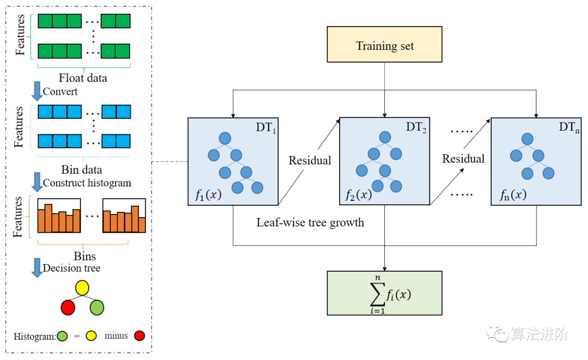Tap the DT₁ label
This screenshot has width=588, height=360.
click(267, 128)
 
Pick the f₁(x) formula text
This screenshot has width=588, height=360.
click(208, 195)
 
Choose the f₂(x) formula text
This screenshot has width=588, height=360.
click(359, 195)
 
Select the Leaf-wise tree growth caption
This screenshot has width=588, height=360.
click(310, 222)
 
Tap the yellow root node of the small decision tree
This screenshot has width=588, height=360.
click(82, 287)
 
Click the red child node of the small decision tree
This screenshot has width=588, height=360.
click(68, 307)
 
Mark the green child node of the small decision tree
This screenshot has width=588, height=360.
click(97, 307)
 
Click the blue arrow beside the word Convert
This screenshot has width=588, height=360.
click(37, 90)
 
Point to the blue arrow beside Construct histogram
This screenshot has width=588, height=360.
click(37, 181)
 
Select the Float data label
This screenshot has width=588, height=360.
click(83, 78)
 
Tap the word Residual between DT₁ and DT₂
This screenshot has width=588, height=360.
click(310, 161)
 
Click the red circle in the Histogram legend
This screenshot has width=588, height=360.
click(140, 335)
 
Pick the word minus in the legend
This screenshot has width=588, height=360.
click(116, 336)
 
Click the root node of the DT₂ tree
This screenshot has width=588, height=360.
click(385, 137)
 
